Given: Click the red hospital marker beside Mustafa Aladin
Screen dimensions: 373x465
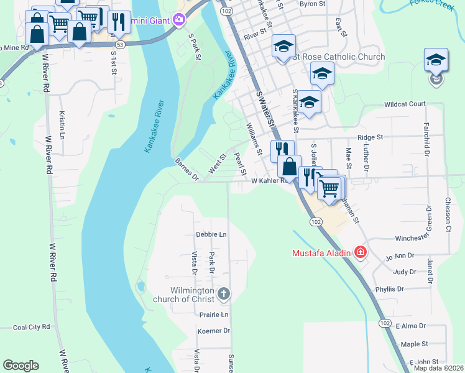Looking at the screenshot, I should (360, 252).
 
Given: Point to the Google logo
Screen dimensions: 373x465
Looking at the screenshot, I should (21, 366).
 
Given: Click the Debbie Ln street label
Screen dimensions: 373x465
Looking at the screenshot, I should (211, 234).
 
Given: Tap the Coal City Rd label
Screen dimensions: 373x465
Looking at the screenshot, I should (31, 327).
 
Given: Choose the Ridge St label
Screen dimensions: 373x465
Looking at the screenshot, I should (370, 137).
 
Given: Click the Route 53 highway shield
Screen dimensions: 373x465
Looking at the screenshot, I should (119, 45).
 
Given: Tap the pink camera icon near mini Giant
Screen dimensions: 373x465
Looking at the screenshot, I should (179, 21).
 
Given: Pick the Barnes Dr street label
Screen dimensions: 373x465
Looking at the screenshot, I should (186, 169).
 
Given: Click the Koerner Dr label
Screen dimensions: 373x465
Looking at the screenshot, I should (213, 331).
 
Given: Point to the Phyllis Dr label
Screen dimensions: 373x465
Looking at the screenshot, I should (389, 289).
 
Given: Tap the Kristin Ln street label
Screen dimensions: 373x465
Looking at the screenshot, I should (62, 124).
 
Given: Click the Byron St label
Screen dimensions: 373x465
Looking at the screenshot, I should (312, 4).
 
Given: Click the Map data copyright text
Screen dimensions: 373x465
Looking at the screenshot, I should (438, 368).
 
